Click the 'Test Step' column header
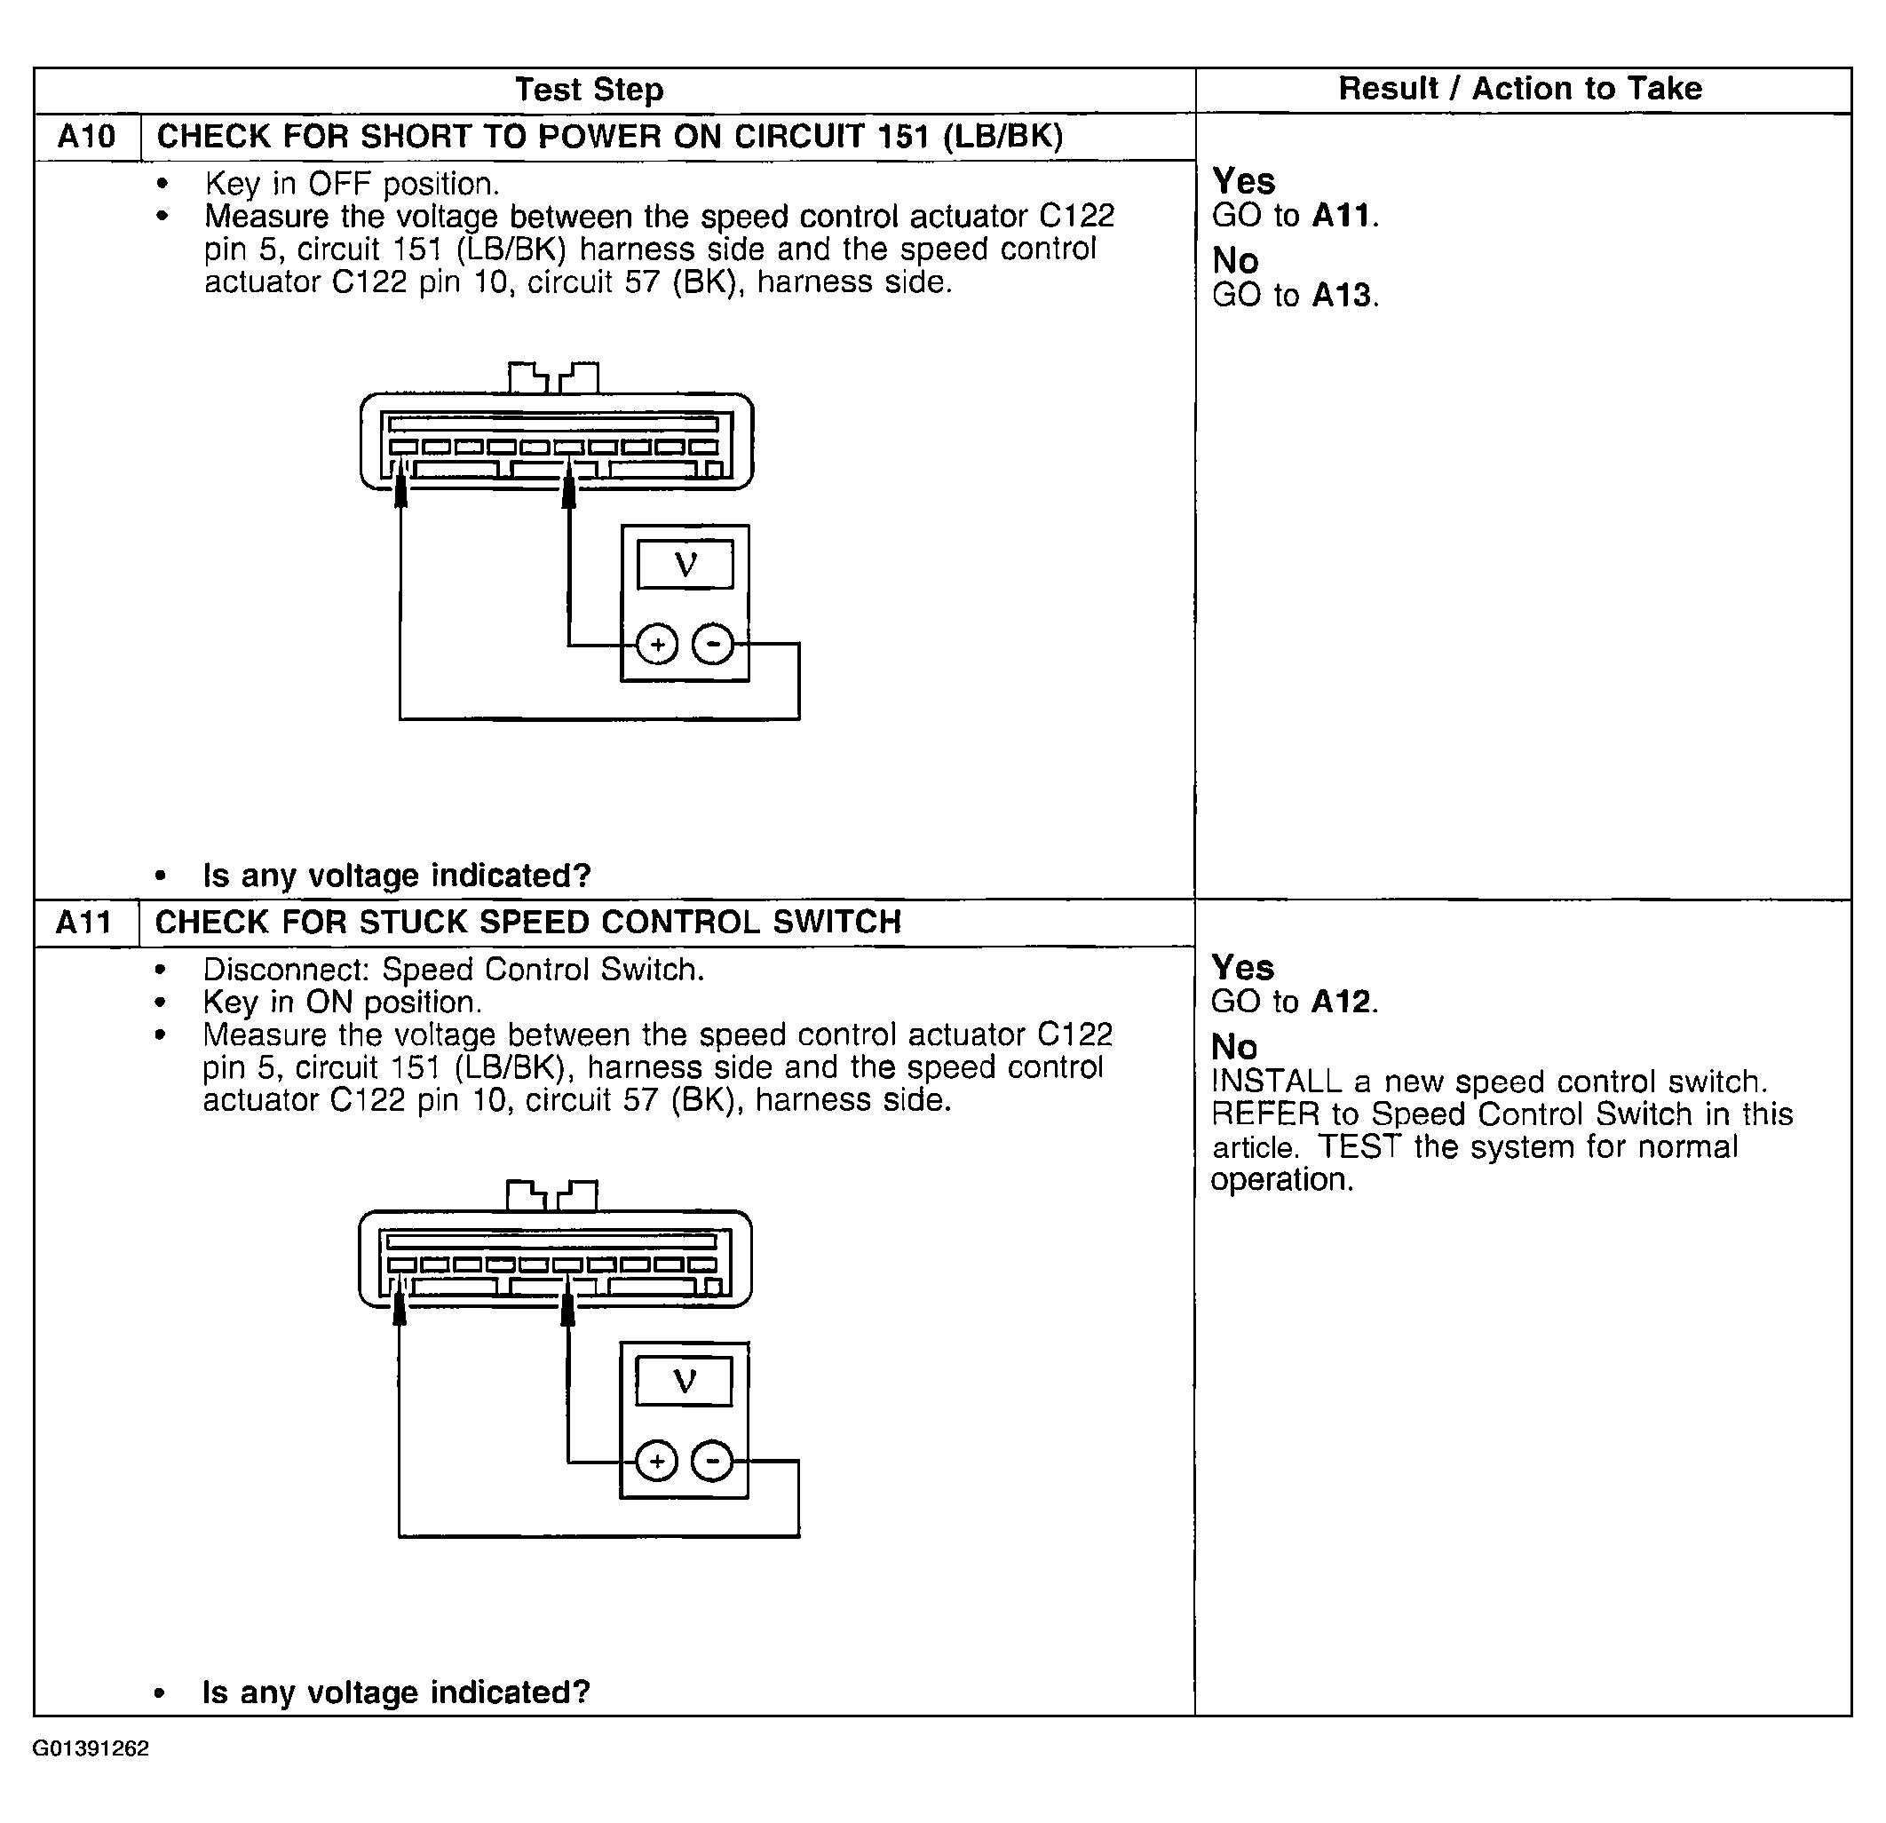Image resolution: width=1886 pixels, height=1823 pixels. tap(589, 90)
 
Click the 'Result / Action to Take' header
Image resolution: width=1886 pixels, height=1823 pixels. tap(1519, 89)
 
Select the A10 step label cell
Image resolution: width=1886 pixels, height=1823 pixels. tap(87, 137)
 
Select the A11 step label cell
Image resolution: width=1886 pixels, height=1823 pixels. tap(83, 922)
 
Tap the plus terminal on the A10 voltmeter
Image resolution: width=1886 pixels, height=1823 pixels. tap(658, 645)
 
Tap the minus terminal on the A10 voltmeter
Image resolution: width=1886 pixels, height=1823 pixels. tap(713, 645)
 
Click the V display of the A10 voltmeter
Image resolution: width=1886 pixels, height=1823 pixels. tap(685, 564)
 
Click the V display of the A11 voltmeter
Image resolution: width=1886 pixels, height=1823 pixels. tap(684, 1381)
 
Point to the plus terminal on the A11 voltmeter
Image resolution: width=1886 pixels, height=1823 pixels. tap(657, 1462)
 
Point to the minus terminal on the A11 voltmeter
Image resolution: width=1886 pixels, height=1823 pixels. tap(712, 1462)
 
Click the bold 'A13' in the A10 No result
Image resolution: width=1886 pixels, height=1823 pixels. tap(1342, 296)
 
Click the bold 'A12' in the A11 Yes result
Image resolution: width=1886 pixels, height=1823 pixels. tap(1341, 1002)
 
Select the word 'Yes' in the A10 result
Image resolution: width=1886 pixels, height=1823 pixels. tap(1243, 181)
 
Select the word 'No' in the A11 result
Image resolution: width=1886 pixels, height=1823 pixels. tap(1233, 1047)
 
